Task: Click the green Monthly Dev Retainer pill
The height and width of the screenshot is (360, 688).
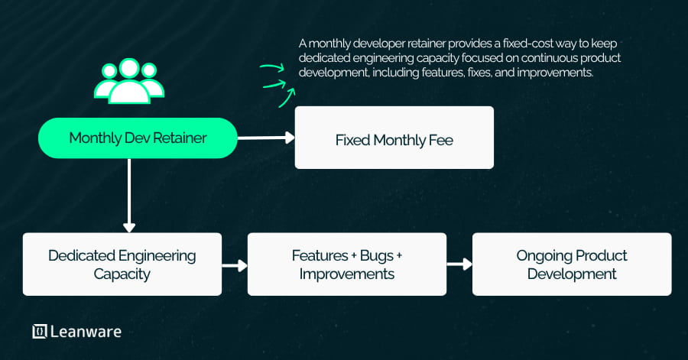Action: [138, 138]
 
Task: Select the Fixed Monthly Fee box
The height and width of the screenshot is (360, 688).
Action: [394, 138]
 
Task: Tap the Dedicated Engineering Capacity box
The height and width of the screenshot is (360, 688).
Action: [122, 264]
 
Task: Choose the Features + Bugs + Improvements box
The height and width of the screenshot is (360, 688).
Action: [346, 264]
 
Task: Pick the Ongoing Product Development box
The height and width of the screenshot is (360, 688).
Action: [572, 264]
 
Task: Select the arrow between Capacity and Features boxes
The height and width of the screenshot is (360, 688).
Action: [235, 265]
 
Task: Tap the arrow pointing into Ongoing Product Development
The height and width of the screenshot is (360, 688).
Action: [459, 264]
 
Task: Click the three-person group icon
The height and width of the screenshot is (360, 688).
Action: [128, 80]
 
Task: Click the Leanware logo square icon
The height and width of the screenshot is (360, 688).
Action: [40, 331]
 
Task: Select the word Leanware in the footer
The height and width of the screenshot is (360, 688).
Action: [86, 331]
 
